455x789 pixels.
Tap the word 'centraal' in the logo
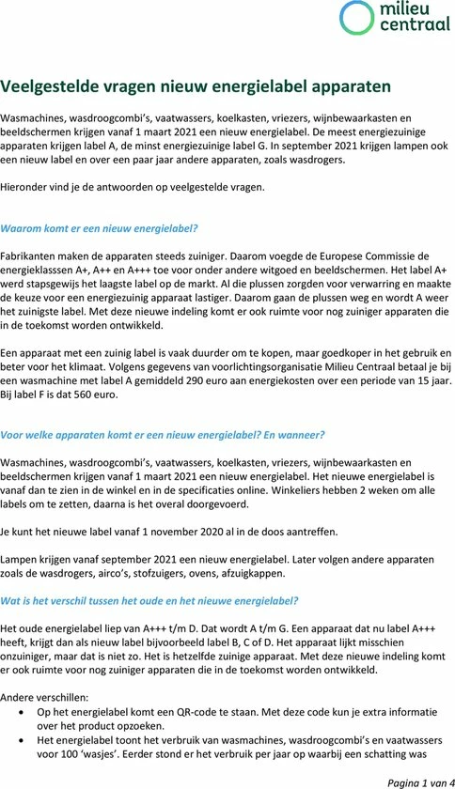[409, 26]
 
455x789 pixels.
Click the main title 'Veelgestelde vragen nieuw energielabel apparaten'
[196, 86]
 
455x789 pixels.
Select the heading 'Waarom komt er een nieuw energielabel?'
[100, 228]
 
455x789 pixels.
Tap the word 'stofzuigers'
[180, 574]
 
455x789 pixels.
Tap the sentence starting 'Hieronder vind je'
[133, 187]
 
